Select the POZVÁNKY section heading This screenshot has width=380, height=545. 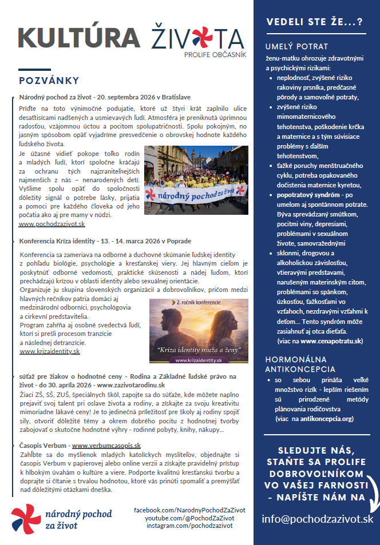49,80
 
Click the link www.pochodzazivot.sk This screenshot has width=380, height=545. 52,225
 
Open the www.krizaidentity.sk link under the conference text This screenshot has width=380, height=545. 50,351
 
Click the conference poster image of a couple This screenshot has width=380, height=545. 199,331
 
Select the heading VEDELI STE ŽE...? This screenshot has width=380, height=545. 314,22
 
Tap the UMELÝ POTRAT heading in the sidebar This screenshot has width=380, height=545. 296,46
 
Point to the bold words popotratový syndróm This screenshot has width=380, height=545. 311,195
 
